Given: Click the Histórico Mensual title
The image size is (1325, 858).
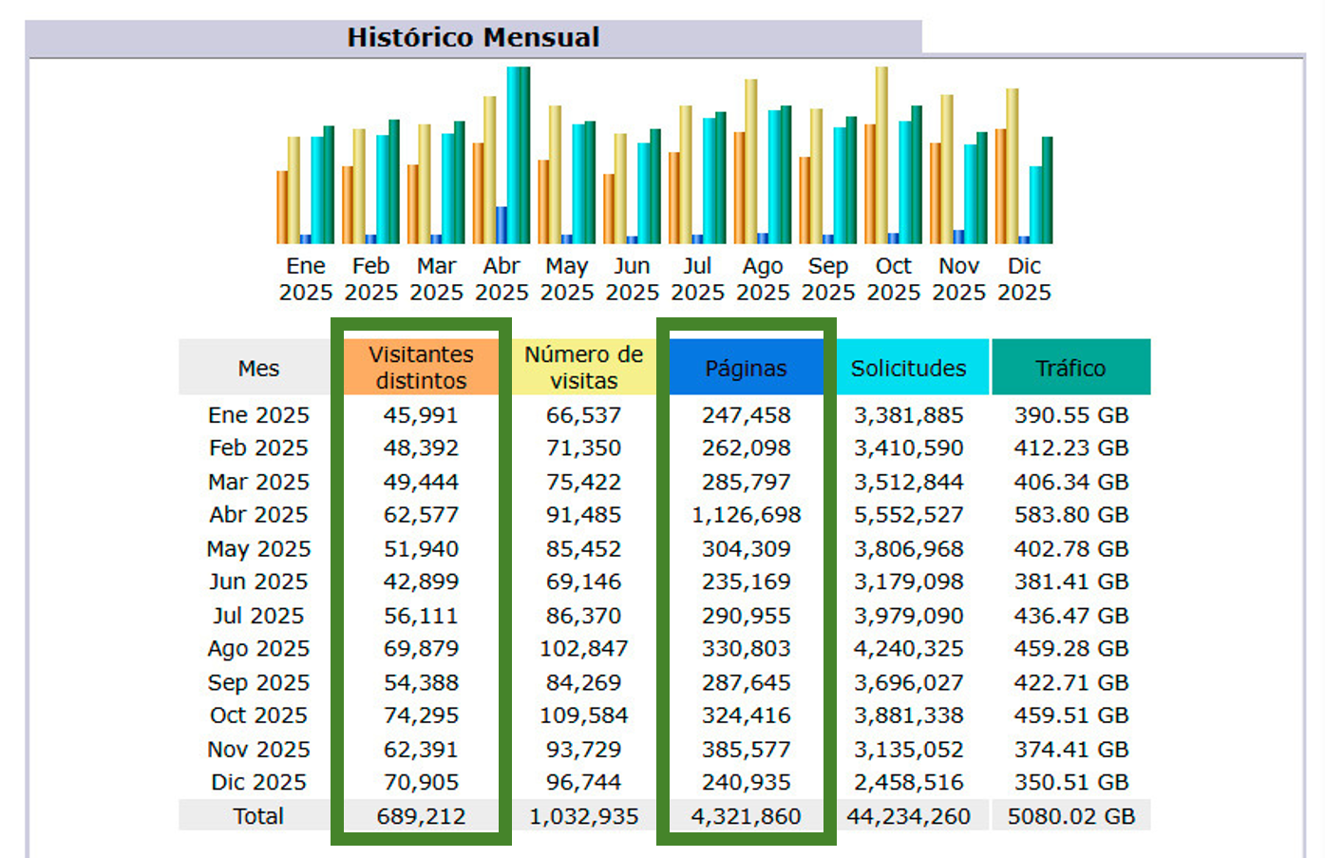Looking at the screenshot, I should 473,37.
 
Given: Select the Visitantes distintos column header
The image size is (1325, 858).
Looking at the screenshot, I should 421,367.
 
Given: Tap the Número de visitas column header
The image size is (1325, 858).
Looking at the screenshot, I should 583,367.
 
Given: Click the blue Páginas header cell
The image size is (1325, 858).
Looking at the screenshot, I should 746,368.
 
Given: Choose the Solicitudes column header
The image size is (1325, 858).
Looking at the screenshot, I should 908,368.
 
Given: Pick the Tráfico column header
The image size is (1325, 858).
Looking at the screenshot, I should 1070,368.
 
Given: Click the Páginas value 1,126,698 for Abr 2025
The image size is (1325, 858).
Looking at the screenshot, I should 746,515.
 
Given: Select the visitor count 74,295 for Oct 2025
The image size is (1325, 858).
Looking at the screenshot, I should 421,715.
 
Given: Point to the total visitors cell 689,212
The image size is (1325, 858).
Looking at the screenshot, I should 421,816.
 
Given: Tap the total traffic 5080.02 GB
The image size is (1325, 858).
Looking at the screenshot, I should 1070,816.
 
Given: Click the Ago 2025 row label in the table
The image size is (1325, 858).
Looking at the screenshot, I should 258,649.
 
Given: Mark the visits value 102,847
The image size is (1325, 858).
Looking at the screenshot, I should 583,649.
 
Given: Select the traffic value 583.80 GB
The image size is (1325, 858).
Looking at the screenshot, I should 1070,515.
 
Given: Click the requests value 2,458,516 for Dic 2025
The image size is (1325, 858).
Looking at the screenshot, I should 908,783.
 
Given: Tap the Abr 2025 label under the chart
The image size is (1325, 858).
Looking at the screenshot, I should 502,278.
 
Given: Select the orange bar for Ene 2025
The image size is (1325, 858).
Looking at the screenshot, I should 282,207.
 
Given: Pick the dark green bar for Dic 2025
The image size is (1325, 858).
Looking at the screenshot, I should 1047,190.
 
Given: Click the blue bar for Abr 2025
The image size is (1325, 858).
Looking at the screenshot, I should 502,224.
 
